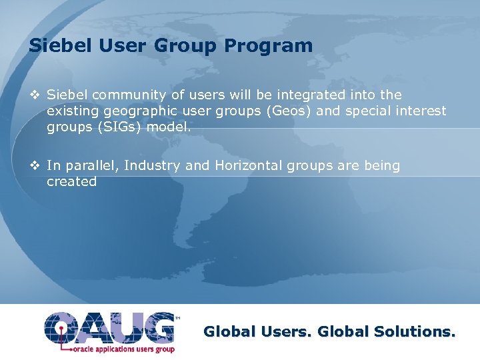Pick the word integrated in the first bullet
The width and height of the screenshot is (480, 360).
(303, 95)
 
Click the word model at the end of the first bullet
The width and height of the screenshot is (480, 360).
(171, 127)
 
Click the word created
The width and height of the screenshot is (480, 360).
(71, 181)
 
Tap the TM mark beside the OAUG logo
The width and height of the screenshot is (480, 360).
(177, 318)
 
